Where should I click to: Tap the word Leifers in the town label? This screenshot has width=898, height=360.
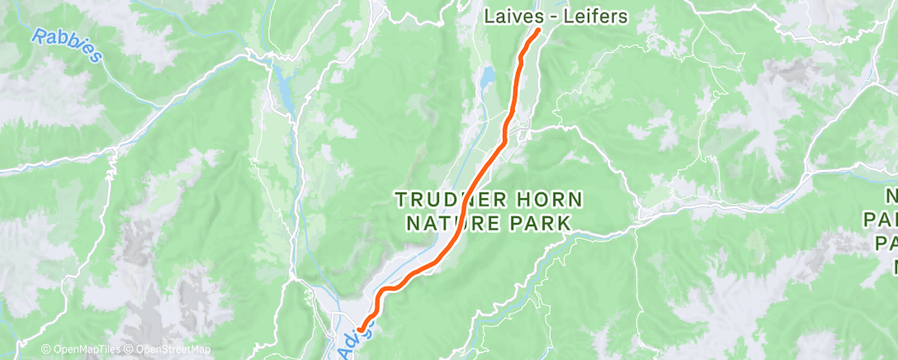[x=598, y=16]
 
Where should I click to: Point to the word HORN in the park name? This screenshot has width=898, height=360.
[x=555, y=200]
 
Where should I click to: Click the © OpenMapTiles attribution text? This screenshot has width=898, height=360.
[x=82, y=350]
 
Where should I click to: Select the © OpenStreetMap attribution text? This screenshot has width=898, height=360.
[x=168, y=350]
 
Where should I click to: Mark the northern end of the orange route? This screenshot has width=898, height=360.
[x=537, y=31]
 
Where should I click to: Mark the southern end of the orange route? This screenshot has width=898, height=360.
[x=361, y=331]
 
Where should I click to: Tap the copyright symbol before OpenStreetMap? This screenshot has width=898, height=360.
[x=130, y=350]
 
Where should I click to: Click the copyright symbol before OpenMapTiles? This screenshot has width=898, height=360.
[x=45, y=350]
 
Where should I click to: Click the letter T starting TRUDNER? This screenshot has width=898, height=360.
[x=401, y=200]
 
